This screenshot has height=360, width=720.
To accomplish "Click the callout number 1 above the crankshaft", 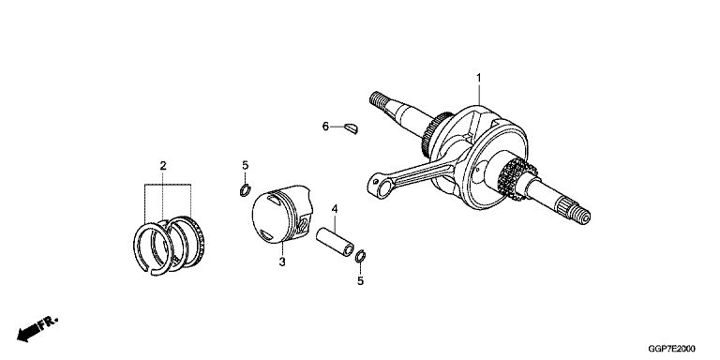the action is [478, 78].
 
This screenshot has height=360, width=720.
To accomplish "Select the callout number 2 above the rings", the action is [163, 166].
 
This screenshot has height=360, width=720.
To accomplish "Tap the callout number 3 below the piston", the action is [282, 262].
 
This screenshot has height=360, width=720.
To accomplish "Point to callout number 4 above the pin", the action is [335, 209].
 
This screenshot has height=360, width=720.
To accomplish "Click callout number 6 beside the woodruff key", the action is [325, 127].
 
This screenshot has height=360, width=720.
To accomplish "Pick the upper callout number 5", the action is [246, 165].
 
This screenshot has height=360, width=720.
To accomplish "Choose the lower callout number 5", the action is [360, 280].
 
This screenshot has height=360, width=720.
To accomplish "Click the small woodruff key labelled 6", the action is [352, 128].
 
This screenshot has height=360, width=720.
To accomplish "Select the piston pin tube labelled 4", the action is [335, 242].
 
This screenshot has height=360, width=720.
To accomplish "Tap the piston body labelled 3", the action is [281, 214].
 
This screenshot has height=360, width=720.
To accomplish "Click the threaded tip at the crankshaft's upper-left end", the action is [377, 98].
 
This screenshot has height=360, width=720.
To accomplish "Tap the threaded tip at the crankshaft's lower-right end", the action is [582, 217].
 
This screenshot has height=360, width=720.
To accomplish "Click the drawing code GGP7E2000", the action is [671, 349].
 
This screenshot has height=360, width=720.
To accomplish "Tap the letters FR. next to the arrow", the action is [48, 322].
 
